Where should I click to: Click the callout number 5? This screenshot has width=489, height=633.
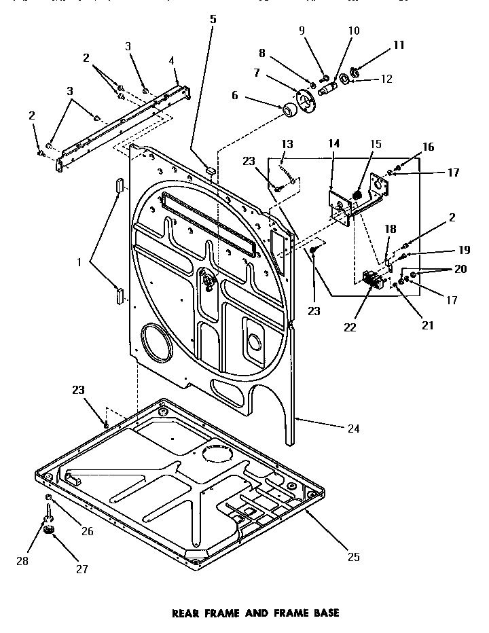213,19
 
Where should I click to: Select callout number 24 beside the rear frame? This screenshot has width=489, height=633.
352,429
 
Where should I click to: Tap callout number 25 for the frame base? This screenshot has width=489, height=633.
352,558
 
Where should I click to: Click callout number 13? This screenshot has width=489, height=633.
287,144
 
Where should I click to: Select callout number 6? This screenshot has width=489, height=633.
235,96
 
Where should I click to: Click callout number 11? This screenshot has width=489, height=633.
398,46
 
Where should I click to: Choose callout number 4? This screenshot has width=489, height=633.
172,60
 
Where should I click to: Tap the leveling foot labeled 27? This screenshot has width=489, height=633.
48,530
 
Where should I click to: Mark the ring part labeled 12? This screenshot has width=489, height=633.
346,80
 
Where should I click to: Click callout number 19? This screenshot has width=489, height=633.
425,250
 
